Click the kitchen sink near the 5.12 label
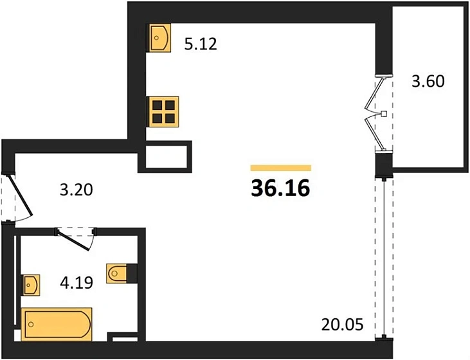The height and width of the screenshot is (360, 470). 159,38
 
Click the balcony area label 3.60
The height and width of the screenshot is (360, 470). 428,82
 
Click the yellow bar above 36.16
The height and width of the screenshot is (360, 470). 280,168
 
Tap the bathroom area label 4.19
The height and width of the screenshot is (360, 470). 77,282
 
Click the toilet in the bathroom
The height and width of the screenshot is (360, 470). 117,273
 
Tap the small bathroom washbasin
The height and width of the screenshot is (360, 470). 31,283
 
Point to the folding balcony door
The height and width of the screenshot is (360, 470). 375,114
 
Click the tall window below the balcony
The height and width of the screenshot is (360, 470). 383,257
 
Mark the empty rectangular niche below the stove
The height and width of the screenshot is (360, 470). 165,156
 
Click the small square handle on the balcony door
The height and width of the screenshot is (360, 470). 384,114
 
